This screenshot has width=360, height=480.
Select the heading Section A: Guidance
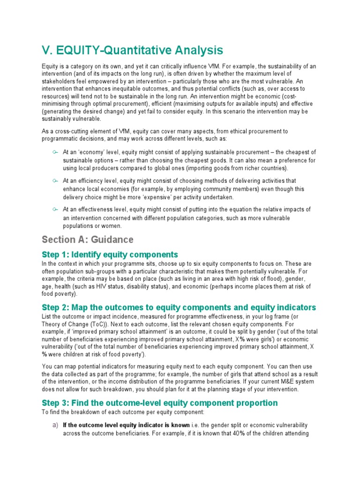(x=88, y=240)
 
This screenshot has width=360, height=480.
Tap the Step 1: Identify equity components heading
(x=110, y=255)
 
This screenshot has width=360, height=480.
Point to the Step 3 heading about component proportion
(x=159, y=403)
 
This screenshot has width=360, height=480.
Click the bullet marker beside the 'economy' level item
(x=55, y=152)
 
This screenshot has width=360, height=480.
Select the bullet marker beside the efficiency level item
(x=55, y=180)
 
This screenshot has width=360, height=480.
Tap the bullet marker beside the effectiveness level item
(x=55, y=209)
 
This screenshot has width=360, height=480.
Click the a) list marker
(x=55, y=425)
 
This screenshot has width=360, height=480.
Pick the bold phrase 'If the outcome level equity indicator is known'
(x=126, y=425)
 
